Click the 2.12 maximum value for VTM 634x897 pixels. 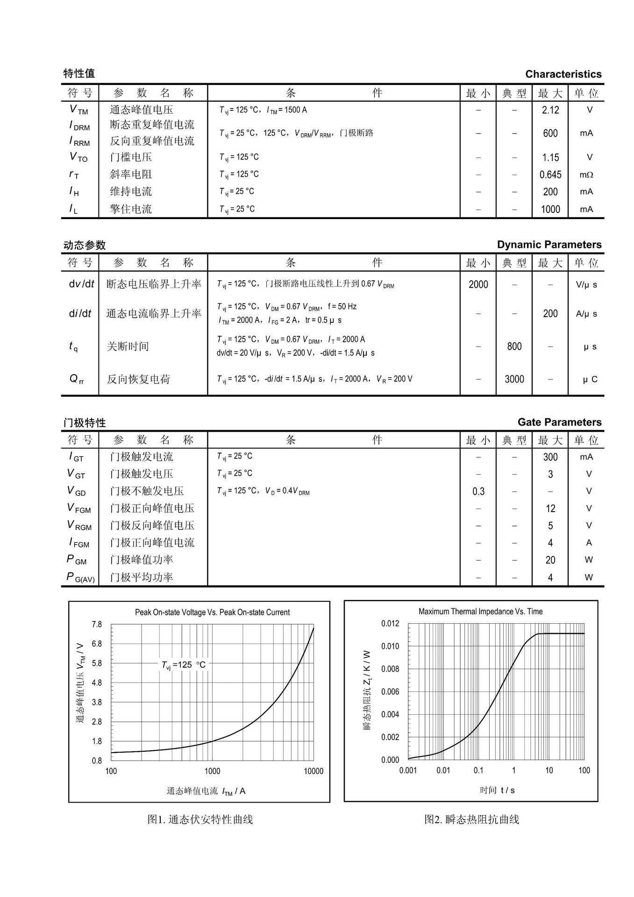pos(550,110)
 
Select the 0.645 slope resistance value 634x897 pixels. pos(550,175)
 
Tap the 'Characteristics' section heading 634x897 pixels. pos(563,74)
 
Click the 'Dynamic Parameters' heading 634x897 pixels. pos(549,245)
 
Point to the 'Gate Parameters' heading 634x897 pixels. pos(559,422)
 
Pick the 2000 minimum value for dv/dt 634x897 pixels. pos(478,285)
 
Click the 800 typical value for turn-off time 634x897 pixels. pos(514,347)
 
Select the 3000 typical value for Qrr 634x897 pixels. pos(514,379)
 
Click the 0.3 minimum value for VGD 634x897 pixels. pos(478,491)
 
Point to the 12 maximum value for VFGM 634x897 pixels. pos(550,509)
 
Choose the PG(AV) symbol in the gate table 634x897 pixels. pos(80,577)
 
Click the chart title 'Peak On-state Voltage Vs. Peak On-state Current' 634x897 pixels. pos(212,612)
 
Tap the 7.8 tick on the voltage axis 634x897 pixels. pos(97,625)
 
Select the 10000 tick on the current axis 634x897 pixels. pos(313,771)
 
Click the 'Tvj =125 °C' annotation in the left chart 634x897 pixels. pos(183,665)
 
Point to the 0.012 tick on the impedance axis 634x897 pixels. pos(390,624)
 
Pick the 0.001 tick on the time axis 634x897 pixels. pos(407,770)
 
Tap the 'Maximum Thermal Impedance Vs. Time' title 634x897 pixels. pos(480,612)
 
